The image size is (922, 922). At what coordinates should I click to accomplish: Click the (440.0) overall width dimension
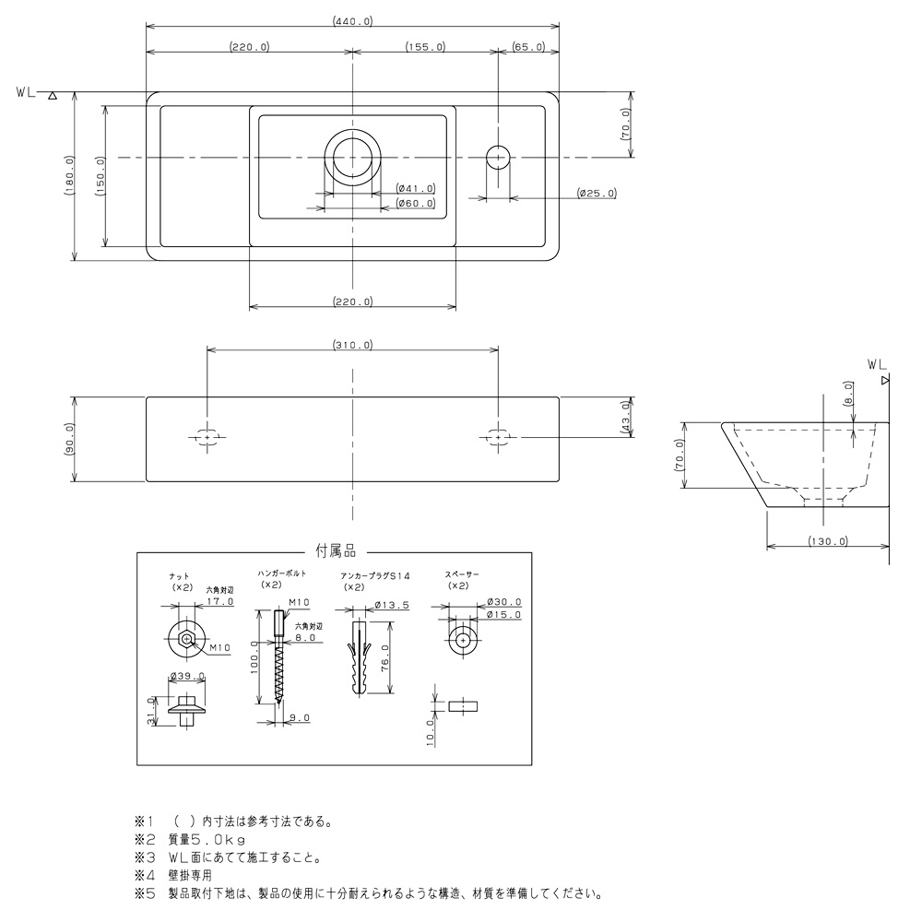coord(352,21)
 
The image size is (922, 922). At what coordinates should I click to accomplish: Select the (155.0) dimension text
coord(425,46)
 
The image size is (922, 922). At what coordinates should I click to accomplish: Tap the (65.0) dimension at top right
coord(528,46)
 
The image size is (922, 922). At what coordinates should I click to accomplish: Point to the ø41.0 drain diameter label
coord(416,189)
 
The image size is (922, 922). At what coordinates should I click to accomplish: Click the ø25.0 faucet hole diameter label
coord(597,193)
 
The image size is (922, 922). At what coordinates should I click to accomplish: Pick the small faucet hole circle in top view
coord(498,157)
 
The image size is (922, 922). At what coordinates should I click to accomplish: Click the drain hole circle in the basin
coord(353,157)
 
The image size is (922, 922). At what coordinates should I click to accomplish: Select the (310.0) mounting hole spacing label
coord(352,345)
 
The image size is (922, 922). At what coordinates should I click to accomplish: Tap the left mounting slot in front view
coord(207,437)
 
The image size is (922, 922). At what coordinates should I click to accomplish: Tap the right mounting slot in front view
coord(498,437)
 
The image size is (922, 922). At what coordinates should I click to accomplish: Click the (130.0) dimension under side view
coord(827,541)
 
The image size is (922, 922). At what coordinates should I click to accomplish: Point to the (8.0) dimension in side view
coord(847,394)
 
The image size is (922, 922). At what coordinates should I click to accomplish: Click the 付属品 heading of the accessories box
coord(336,551)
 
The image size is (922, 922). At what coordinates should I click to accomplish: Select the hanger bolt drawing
coord(278,656)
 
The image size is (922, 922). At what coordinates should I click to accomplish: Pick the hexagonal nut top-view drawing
coord(186,639)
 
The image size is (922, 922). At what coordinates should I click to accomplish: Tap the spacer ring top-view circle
coord(463,640)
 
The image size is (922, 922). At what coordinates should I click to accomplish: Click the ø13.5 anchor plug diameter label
coord(392,605)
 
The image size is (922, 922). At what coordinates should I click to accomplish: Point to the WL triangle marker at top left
coord(53,95)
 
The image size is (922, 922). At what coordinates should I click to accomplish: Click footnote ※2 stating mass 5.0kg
coord(190,839)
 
